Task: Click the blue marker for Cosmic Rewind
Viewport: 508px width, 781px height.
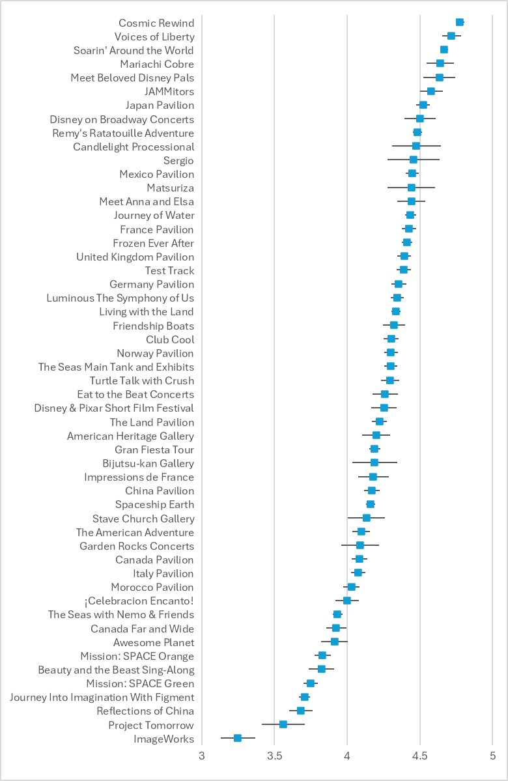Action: tap(460, 22)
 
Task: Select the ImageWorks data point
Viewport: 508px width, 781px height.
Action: tap(238, 738)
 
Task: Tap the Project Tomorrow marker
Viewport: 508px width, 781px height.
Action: tap(283, 724)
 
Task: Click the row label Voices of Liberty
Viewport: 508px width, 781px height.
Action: tap(154, 36)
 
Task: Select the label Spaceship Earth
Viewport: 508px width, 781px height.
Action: tap(154, 504)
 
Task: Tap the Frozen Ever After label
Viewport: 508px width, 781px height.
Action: tap(153, 243)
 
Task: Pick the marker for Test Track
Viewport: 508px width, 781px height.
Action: tap(404, 270)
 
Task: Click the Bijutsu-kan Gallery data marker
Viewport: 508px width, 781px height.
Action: tap(374, 462)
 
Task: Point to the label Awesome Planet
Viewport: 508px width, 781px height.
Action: tap(154, 642)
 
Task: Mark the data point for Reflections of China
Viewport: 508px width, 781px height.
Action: tap(301, 711)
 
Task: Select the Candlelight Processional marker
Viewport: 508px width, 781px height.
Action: tap(416, 146)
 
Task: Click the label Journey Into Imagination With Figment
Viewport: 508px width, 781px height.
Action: tap(102, 697)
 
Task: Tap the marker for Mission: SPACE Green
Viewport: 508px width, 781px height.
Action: tap(311, 683)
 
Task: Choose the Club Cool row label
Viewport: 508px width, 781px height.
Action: tap(170, 339)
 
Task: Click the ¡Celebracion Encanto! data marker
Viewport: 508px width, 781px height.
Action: tap(347, 601)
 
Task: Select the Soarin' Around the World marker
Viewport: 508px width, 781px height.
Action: tap(444, 50)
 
